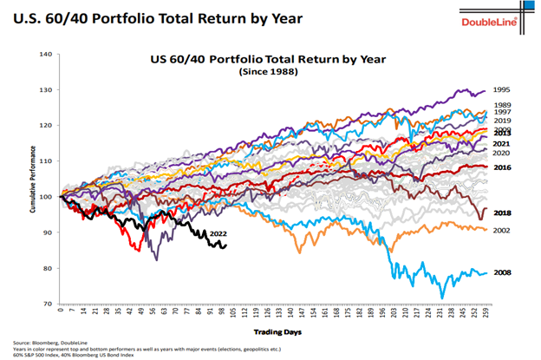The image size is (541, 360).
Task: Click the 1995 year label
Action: point(500,89)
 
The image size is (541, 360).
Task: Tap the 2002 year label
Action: point(502,230)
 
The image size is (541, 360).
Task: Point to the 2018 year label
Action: point(502,213)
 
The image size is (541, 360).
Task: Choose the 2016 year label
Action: point(502,167)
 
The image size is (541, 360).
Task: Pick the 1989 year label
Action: point(500,104)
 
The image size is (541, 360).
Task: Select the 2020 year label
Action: point(501,152)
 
